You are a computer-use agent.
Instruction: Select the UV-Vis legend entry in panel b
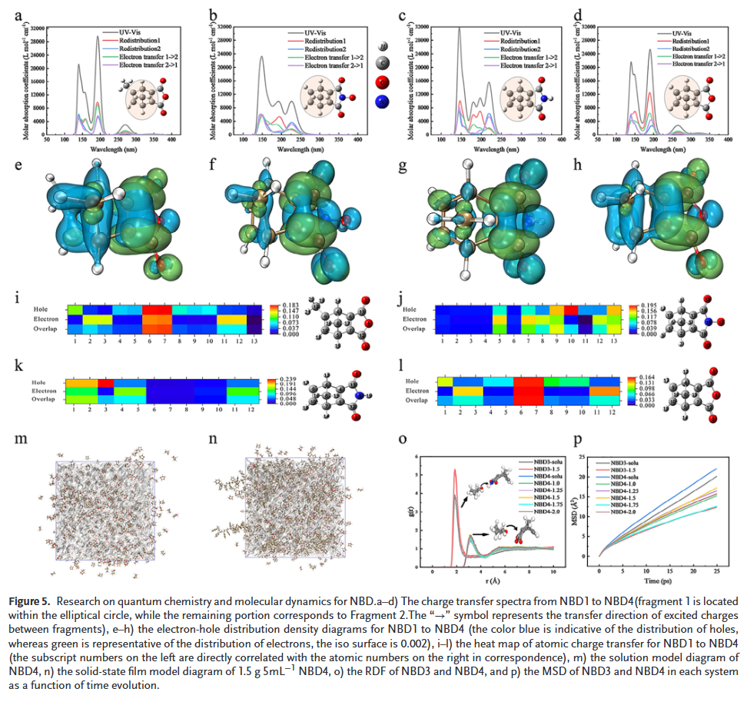(317, 32)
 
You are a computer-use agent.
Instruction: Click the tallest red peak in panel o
(455, 470)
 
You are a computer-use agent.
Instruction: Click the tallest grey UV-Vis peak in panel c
(459, 28)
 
